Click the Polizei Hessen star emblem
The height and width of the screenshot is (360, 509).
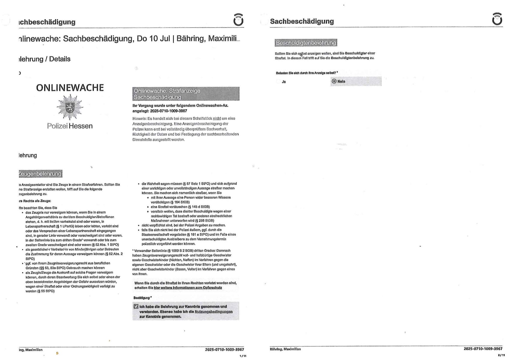coord(70,107)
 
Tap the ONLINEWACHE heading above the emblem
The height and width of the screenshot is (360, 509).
coord(70,88)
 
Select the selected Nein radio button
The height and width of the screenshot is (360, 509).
coord(334,81)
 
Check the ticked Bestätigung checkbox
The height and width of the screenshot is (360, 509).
coord(136,307)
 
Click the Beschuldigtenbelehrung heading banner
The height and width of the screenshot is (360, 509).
coord(306,43)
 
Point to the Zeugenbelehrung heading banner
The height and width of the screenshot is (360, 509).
coord(40,174)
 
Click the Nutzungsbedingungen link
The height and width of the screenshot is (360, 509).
coord(213,312)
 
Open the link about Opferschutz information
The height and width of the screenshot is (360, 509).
coord(188,288)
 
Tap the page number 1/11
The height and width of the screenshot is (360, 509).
coord(243,356)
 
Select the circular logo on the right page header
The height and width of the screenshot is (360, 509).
coord(497,19)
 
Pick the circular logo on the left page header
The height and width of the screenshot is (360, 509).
coord(238,20)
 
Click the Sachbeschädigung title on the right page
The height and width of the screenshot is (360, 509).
coord(302,21)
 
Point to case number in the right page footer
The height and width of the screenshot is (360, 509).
coord(483,349)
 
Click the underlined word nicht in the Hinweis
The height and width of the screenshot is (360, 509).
coord(217,118)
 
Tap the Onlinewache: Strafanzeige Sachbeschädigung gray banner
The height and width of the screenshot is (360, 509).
coord(186,94)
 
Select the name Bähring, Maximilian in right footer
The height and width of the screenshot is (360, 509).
coord(285,349)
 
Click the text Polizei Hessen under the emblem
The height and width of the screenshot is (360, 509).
coord(70,126)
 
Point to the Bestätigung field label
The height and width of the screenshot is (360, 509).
coord(142,298)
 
